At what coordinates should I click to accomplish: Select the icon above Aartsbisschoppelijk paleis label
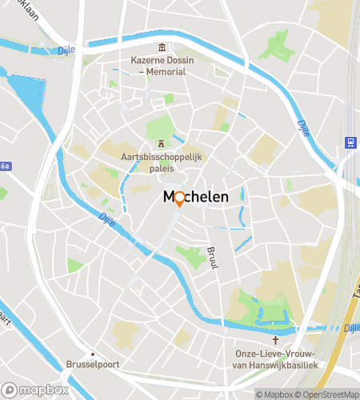click(x=162, y=144)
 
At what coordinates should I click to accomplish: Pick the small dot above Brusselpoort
click(x=93, y=353)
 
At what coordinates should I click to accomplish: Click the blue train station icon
click(x=350, y=142)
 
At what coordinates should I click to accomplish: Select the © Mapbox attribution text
click(x=274, y=394)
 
